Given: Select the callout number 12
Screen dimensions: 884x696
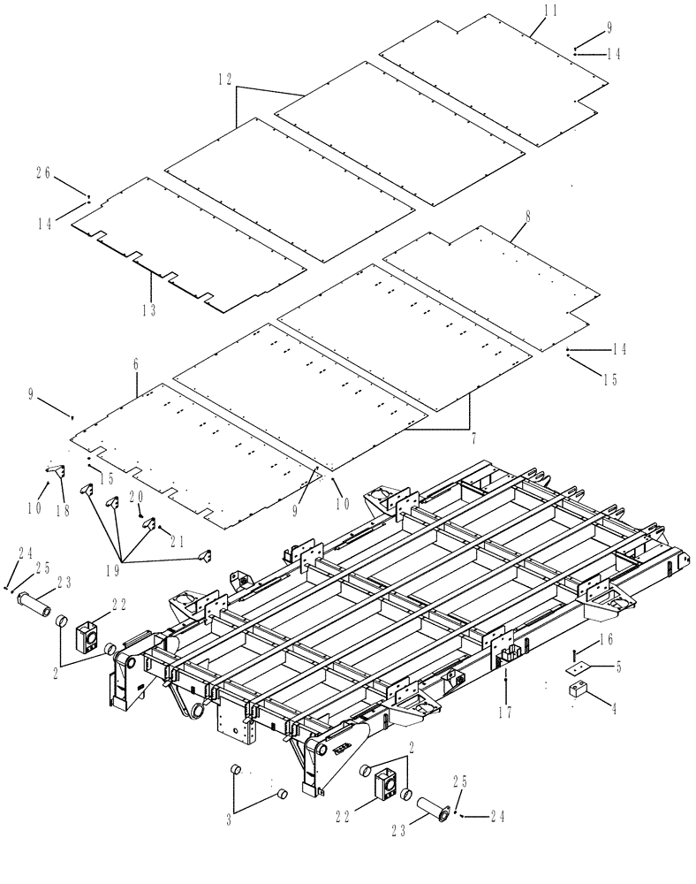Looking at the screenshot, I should pyautogui.click(x=225, y=80).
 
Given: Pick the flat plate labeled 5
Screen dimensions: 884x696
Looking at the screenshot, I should pyautogui.click(x=577, y=670).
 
